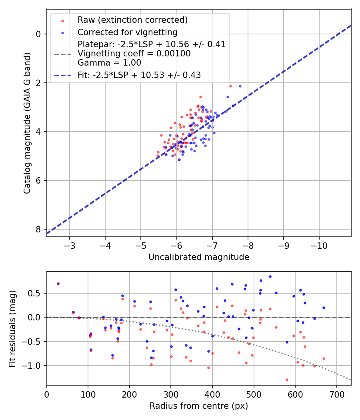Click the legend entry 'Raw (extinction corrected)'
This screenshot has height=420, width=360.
(x=132, y=20)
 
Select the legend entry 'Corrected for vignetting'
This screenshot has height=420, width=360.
(x=127, y=32)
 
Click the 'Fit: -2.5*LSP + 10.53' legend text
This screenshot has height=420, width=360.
(x=139, y=75)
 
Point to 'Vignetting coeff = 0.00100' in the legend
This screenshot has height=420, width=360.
(x=134, y=54)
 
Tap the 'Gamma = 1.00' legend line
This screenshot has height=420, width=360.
(x=109, y=63)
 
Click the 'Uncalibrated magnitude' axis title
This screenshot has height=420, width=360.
(x=199, y=257)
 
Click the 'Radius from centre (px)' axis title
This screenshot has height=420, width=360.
(x=199, y=406)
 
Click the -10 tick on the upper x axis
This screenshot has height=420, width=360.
(x=319, y=245)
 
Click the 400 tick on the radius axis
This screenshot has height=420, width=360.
(x=212, y=394)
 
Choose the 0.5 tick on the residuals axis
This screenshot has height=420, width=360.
(x=36, y=293)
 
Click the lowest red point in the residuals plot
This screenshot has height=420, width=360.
(x=287, y=380)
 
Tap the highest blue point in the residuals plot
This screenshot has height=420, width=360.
(x=270, y=276)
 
